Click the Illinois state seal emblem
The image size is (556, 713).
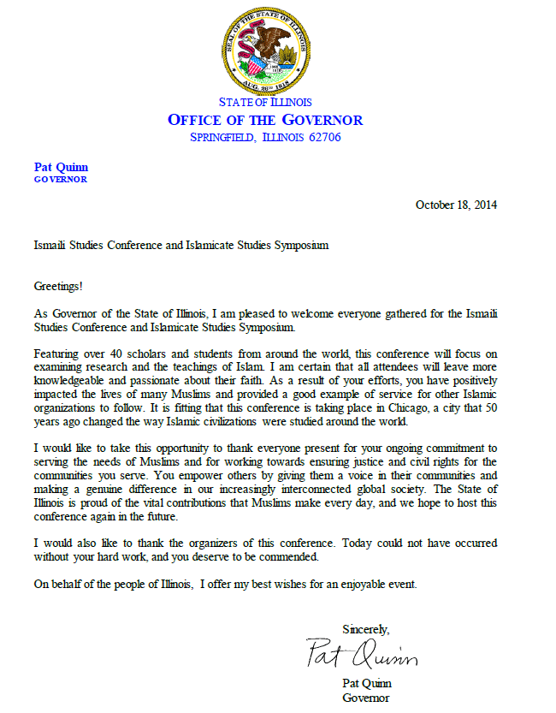[x=264, y=47]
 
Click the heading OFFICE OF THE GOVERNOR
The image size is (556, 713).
[x=264, y=120]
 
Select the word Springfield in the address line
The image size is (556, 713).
[x=223, y=137]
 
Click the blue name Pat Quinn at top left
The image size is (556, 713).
[x=60, y=167]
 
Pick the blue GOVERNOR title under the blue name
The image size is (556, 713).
[x=60, y=180]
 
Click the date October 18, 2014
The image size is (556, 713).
[x=456, y=205]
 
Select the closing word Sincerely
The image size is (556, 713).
[x=365, y=629]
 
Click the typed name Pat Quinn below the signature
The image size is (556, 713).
[x=368, y=684]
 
